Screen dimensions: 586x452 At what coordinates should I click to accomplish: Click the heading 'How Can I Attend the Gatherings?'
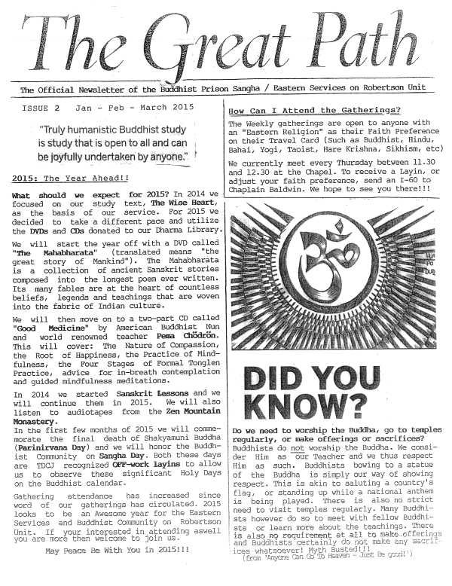click(313, 111)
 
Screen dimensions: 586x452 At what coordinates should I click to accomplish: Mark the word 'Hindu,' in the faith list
click(407, 140)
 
